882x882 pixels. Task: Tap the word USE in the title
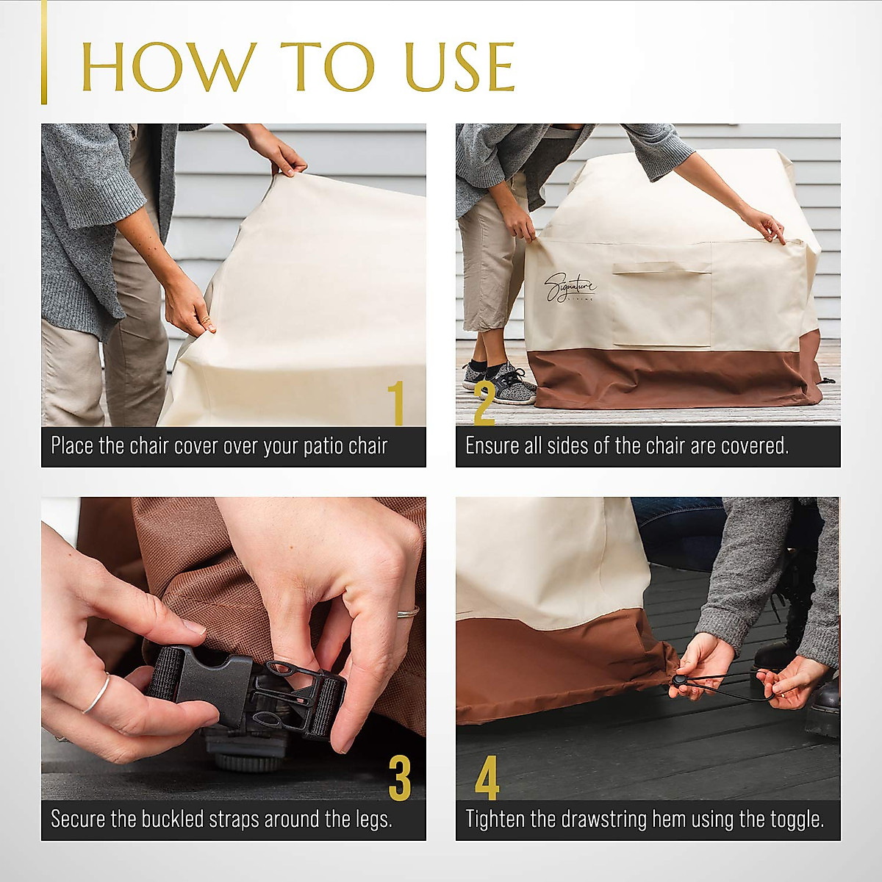coord(460,66)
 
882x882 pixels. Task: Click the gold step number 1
coord(396,403)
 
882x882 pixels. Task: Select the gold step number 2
coord(484,404)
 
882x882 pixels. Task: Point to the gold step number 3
coord(400,778)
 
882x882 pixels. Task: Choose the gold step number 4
coord(487,778)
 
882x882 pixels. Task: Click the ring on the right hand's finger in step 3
coord(408,612)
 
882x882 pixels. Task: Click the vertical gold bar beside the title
coord(44,52)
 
